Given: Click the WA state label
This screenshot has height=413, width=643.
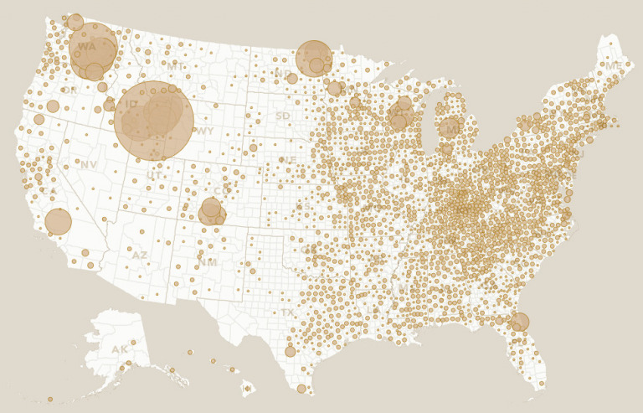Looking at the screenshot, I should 87,47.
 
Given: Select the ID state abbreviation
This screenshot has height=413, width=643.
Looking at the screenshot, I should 133,105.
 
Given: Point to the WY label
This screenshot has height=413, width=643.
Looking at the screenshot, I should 204,132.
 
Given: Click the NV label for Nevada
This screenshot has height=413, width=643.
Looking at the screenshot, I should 89,165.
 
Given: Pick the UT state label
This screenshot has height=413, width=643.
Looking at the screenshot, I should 155,176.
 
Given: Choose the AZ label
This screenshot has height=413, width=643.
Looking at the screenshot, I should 140,255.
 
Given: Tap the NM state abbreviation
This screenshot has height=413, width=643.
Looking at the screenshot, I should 207,262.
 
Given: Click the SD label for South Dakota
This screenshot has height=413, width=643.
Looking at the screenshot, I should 283,116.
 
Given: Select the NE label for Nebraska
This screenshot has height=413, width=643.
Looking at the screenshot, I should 288,160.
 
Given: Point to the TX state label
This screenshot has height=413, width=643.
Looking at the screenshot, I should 287,312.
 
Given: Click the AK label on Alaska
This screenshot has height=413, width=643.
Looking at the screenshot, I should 121,349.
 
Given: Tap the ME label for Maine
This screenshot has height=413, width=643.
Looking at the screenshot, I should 614,66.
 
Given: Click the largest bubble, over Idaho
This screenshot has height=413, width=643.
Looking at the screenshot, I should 154,121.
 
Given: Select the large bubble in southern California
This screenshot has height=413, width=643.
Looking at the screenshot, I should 58,222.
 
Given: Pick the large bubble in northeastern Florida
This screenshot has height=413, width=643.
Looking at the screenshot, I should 520,322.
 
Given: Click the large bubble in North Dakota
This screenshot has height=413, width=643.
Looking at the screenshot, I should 314,59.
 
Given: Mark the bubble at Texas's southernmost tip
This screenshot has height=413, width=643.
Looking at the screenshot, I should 301,389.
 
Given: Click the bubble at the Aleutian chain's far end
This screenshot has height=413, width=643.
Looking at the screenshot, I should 49,400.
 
